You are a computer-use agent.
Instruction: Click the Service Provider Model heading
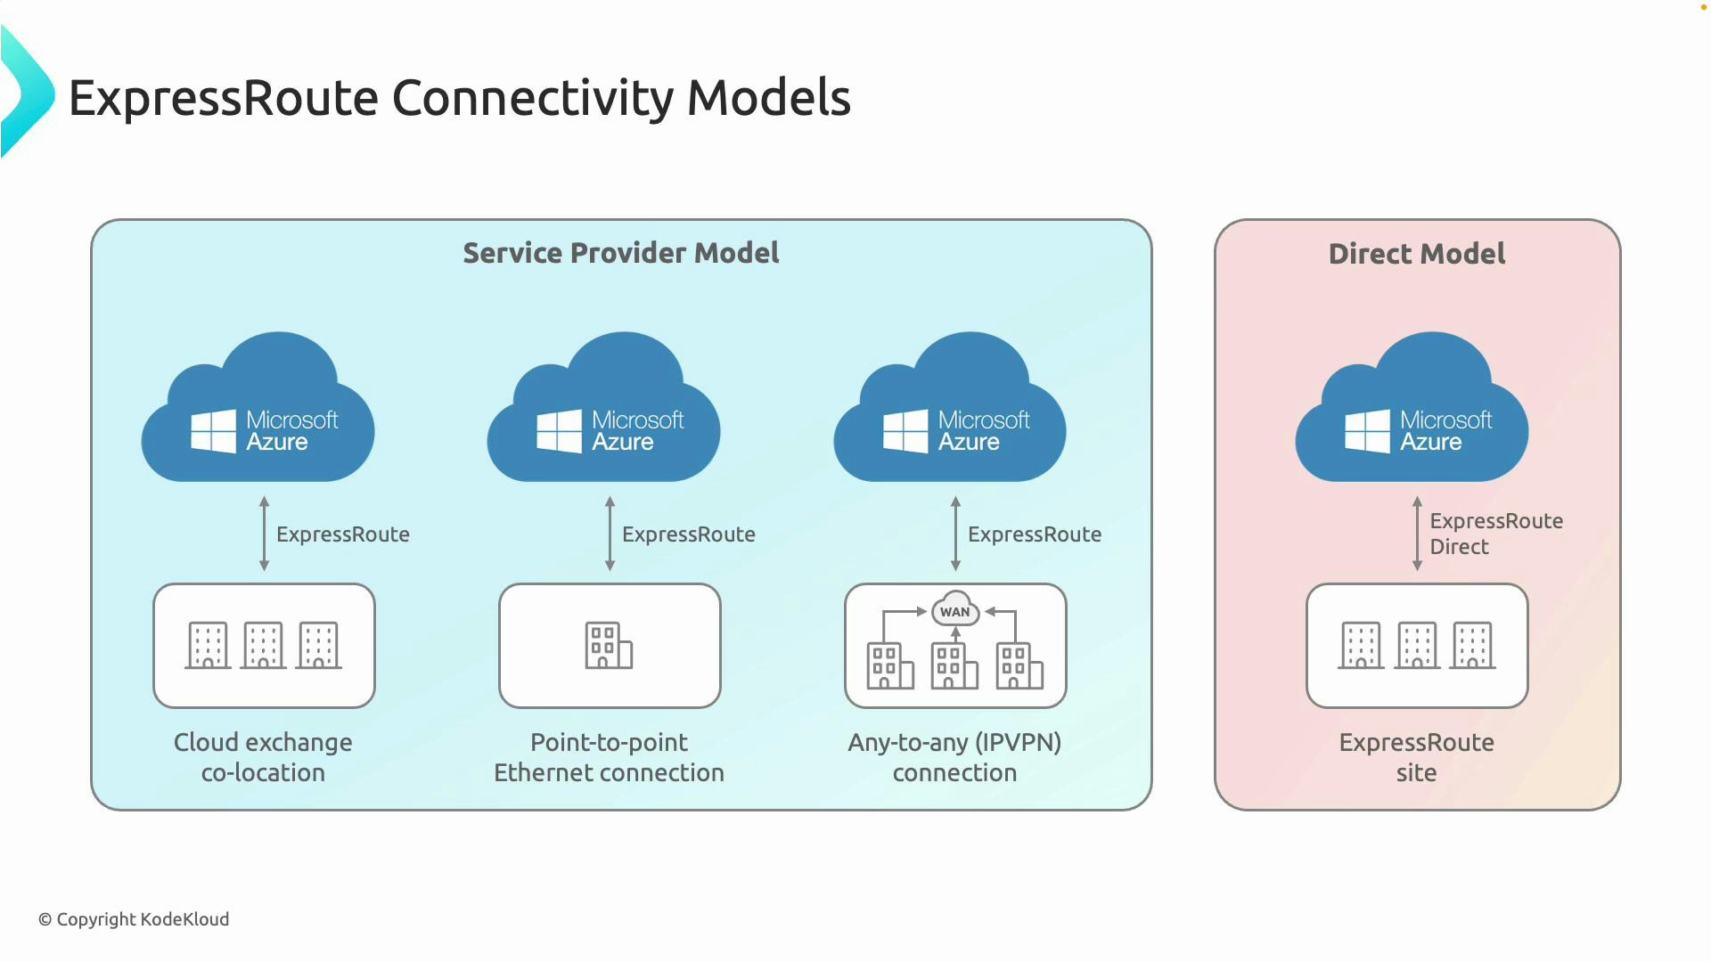tap(621, 253)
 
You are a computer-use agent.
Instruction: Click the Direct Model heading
tap(1417, 254)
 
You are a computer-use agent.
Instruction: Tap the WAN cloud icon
tap(955, 610)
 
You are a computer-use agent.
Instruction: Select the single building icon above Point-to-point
tap(609, 645)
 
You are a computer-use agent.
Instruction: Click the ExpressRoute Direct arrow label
tap(1495, 534)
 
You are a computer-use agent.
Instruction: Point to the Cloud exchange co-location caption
tap(263, 757)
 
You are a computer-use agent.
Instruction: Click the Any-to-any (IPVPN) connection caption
tap(954, 757)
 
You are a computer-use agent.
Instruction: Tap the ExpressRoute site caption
tap(1416, 757)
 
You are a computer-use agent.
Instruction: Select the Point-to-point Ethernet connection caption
tap(609, 757)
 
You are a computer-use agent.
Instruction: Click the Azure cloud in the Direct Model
tap(1412, 410)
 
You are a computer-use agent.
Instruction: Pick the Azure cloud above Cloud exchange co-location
tap(258, 410)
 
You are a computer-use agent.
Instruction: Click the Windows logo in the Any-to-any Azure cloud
tap(905, 431)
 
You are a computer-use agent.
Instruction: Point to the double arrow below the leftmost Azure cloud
tap(264, 534)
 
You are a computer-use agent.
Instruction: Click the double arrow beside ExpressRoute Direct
tap(1417, 534)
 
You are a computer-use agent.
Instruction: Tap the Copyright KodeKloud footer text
tap(134, 919)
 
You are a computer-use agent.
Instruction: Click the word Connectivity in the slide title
tap(532, 97)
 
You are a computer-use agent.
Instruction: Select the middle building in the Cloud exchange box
tap(264, 645)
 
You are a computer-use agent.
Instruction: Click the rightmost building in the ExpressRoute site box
tap(1472, 645)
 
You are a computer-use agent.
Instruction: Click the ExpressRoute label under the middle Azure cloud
tap(688, 534)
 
